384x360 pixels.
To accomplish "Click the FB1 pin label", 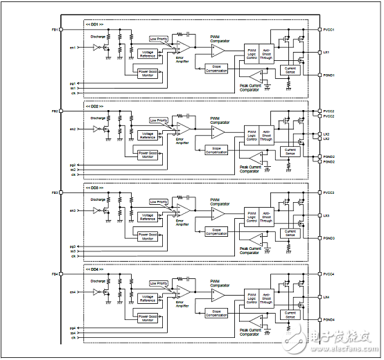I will [x=54, y=29].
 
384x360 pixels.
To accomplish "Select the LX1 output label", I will [x=326, y=53].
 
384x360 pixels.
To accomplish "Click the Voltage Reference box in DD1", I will [x=148, y=53].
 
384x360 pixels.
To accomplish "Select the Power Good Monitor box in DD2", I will [x=148, y=155].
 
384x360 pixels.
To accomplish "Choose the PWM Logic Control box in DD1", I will [x=252, y=53].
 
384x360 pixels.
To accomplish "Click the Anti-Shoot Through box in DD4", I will [x=266, y=298].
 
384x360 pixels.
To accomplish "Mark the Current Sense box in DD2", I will [x=290, y=150].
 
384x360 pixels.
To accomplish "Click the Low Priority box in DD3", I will [x=158, y=201].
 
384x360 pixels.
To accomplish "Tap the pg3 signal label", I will [x=72, y=246].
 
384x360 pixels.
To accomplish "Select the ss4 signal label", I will [x=72, y=333].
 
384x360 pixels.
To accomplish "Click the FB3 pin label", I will [x=54, y=192].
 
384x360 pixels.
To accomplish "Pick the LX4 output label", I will [x=326, y=296].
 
